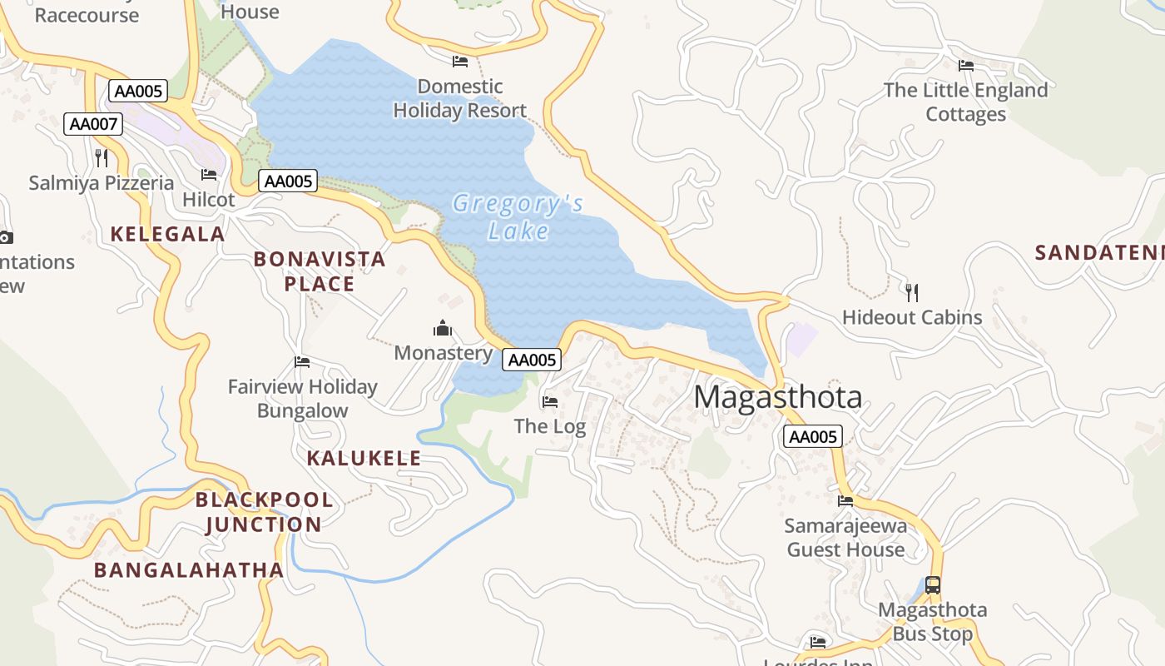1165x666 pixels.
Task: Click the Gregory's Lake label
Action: coord(518,216)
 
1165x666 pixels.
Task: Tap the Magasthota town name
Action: coord(777,397)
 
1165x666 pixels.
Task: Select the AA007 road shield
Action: coord(93,124)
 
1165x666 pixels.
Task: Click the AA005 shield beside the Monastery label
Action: coord(532,360)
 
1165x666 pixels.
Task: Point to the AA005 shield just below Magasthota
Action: coord(812,436)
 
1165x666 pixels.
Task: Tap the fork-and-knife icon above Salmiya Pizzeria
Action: coord(102,157)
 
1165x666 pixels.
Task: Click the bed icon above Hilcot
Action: coord(209,175)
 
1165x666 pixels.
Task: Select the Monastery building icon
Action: coord(443,328)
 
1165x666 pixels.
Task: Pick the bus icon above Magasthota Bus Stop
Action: coord(933,585)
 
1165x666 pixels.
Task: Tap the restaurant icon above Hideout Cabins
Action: coord(912,292)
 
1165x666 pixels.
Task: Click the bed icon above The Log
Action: coord(550,402)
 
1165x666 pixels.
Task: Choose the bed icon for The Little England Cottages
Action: coord(966,66)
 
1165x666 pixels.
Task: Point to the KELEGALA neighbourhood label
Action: coord(167,234)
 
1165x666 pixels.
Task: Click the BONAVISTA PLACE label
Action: coord(320,271)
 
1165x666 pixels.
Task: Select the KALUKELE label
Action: coord(364,458)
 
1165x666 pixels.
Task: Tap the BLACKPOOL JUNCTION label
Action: coord(264,512)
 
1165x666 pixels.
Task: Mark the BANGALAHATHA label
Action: coord(189,570)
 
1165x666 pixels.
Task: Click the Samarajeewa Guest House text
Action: coord(845,538)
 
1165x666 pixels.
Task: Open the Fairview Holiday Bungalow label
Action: coord(303,399)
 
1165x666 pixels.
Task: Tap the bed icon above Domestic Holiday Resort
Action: coord(460,62)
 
